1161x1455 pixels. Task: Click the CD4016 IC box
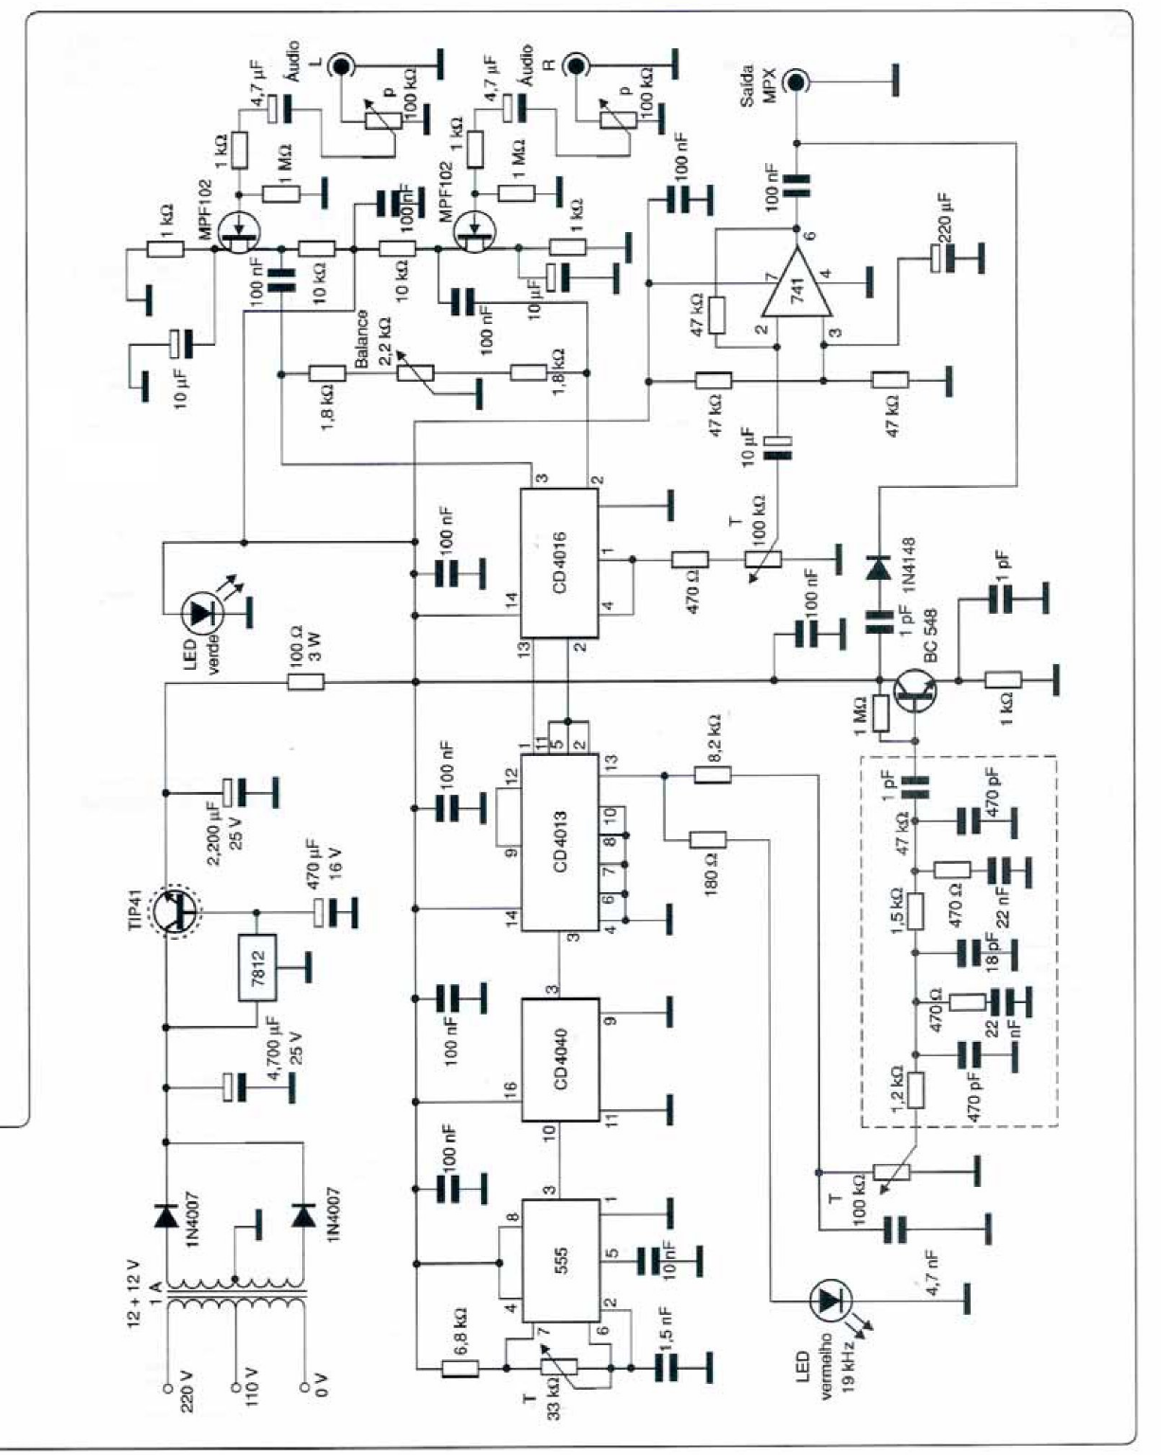pyautogui.click(x=560, y=565)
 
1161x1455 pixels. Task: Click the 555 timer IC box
pyautogui.click(x=562, y=1260)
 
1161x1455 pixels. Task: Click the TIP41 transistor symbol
pyautogui.click(x=177, y=912)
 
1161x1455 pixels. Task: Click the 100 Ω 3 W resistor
pyautogui.click(x=306, y=681)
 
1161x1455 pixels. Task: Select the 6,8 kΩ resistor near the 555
pyautogui.click(x=460, y=1368)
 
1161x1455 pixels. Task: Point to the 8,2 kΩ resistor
pyautogui.click(x=712, y=775)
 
